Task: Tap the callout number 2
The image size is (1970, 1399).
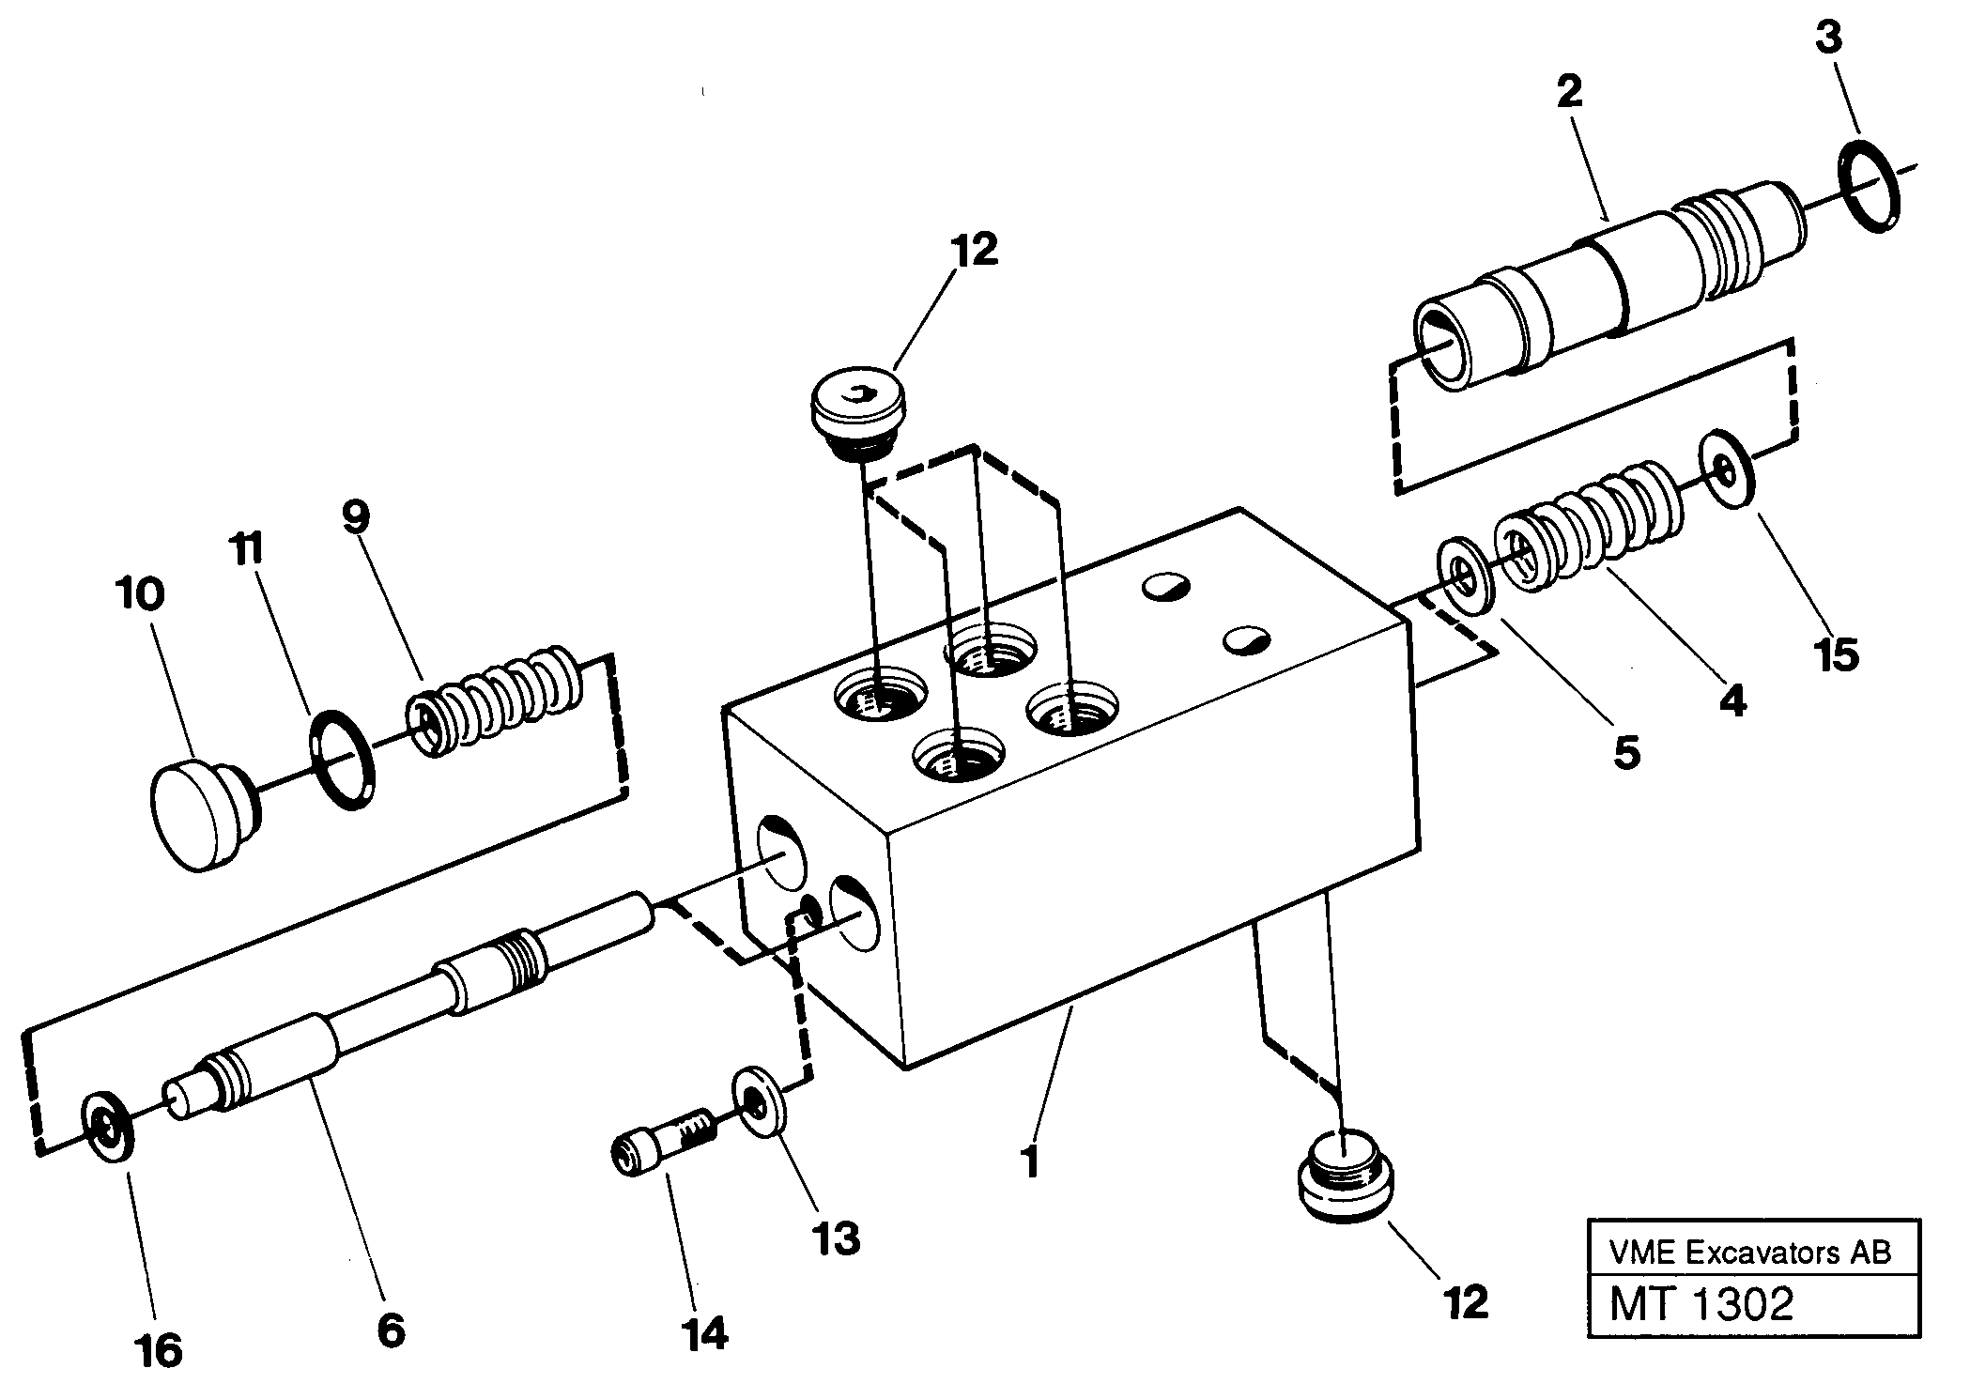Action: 1568,92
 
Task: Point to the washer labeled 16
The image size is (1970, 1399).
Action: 109,1127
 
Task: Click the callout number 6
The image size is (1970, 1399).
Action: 390,1330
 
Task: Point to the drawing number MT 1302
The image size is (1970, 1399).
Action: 1701,1305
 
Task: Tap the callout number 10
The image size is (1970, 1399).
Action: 141,594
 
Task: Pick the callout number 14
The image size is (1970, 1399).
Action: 704,1333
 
